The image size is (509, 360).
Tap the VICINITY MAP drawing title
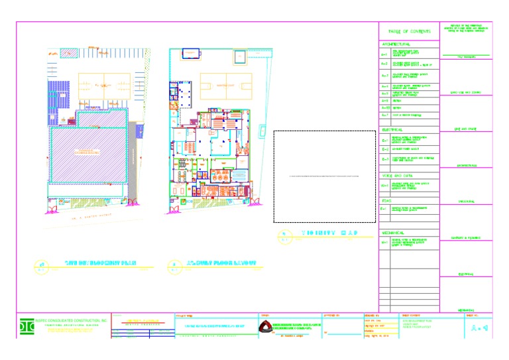(x=329, y=233)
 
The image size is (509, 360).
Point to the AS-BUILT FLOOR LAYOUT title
(x=221, y=263)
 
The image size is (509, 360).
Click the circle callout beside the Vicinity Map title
(x=283, y=234)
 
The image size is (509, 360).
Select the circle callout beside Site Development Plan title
(x=40, y=265)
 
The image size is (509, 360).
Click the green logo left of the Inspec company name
(x=27, y=327)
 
